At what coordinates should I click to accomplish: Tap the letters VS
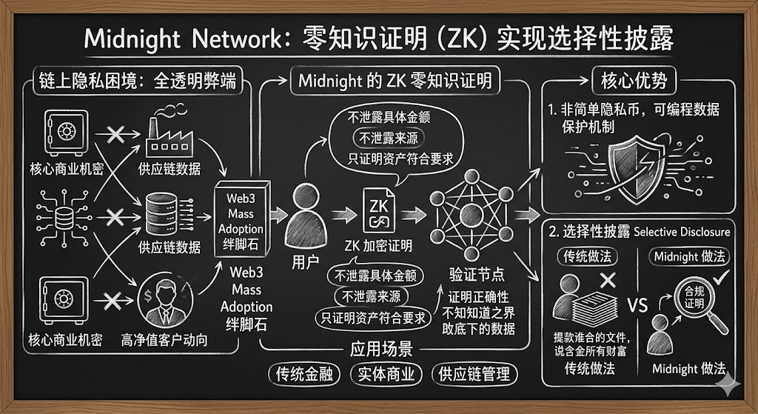(x=637, y=306)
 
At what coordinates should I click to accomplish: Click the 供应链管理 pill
(x=474, y=374)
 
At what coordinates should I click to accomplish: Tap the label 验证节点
(x=477, y=275)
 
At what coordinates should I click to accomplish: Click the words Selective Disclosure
(x=682, y=232)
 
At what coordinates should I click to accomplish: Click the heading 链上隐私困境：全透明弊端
(x=136, y=81)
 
